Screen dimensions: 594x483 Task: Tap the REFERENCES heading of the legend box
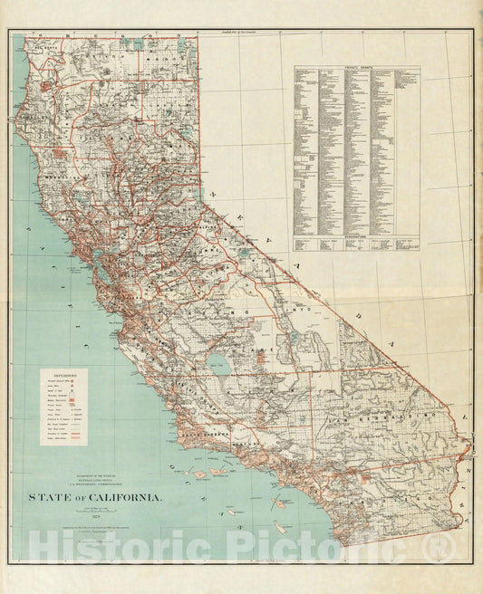[69, 372]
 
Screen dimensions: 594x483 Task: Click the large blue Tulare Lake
[218, 364]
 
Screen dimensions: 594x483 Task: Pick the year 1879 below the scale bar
[96, 518]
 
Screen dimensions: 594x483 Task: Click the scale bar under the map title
[96, 512]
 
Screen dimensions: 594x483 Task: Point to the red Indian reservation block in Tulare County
[261, 357]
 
